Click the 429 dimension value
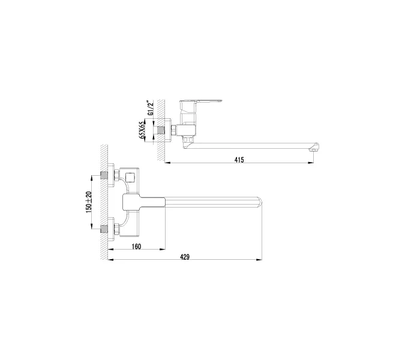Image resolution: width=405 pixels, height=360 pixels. [185, 257]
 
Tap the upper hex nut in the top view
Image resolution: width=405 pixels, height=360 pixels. [115, 176]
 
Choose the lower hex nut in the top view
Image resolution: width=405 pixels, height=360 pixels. [115, 229]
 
